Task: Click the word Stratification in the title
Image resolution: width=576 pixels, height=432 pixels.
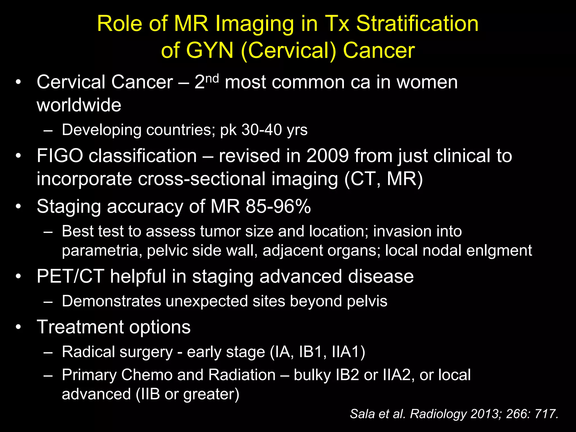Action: coord(417,24)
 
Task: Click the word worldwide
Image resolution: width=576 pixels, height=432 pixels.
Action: coord(79,105)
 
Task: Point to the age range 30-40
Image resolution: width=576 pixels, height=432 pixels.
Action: coord(262,130)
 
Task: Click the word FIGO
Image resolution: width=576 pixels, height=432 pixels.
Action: coord(60,156)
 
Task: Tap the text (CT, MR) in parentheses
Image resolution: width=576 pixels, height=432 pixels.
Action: coord(384,179)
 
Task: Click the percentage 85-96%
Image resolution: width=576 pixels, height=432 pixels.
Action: coord(278,206)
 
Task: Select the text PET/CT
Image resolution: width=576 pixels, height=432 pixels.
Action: coord(70,276)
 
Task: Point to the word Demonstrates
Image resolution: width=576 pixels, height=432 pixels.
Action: coord(111,301)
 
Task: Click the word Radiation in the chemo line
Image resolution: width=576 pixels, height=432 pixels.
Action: coord(242,375)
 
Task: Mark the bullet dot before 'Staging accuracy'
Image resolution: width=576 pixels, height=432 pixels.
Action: coord(19,206)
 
